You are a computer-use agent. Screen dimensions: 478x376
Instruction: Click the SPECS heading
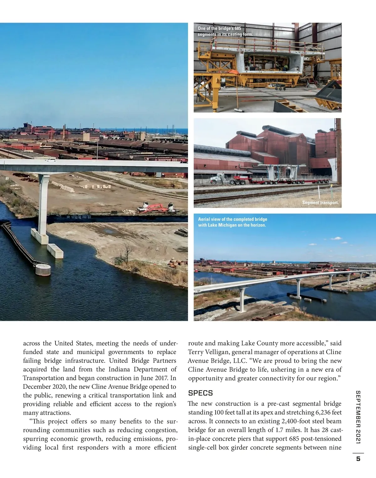pyautogui.click(x=200, y=393)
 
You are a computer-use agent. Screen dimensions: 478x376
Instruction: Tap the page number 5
pyautogui.click(x=358, y=459)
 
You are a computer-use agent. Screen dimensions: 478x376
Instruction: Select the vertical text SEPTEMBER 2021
pyautogui.click(x=358, y=417)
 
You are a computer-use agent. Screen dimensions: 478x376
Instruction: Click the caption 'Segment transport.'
pyautogui.click(x=320, y=203)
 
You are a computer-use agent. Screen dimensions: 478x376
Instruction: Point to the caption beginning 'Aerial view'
pyautogui.click(x=232, y=222)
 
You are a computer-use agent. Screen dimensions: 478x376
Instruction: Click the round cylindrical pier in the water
pyautogui.click(x=43, y=269)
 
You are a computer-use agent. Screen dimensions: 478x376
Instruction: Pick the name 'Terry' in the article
pyautogui.click(x=196, y=352)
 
